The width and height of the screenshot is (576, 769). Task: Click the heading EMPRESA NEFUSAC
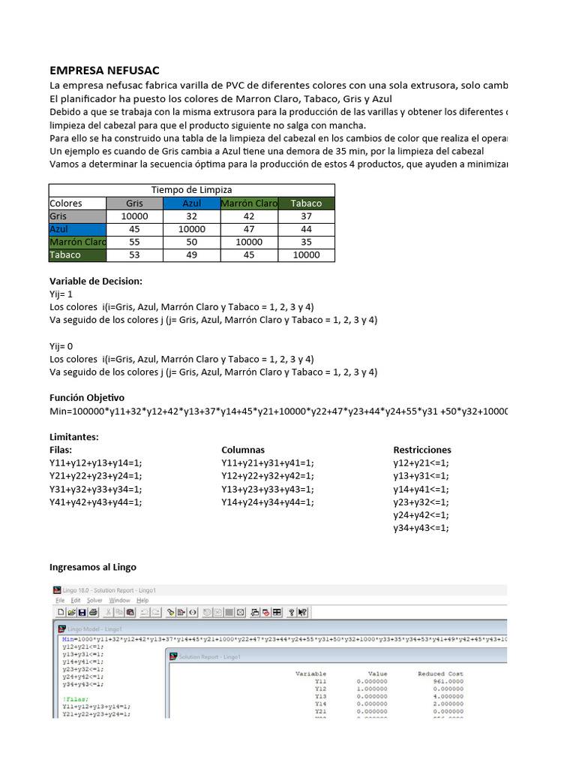tap(104, 70)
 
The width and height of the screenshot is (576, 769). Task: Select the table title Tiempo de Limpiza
tap(192, 190)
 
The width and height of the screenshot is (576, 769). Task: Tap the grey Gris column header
tap(135, 204)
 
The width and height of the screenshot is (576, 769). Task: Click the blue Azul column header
tap(192, 204)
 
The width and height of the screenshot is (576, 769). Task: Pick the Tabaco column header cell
tap(306, 204)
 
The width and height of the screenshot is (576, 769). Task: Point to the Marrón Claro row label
tap(78, 242)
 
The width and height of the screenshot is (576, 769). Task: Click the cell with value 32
tap(192, 216)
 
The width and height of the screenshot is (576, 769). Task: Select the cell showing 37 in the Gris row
tap(306, 216)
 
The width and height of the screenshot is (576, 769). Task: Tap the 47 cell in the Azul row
tap(249, 229)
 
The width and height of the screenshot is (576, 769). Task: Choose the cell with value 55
tap(135, 242)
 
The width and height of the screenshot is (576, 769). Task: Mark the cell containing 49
tap(192, 255)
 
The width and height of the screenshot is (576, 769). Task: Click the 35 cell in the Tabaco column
tap(306, 242)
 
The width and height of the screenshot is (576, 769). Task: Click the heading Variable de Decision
tap(95, 282)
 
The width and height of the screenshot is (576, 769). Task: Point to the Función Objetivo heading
tap(87, 397)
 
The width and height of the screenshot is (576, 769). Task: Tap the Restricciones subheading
tap(422, 450)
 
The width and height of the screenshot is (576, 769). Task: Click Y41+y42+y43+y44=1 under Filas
tap(95, 502)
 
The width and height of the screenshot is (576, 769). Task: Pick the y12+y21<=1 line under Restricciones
tap(420, 463)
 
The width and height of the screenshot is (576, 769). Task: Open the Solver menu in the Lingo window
tap(94, 600)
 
